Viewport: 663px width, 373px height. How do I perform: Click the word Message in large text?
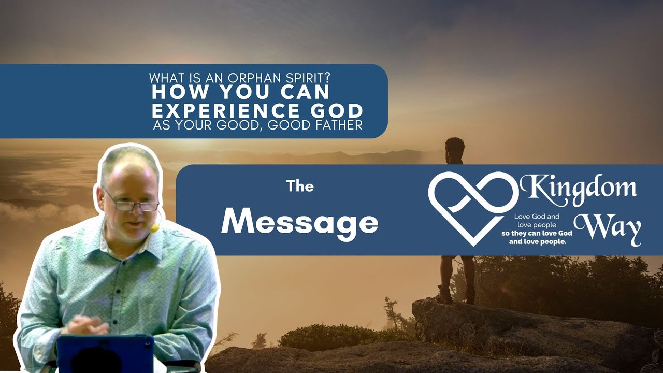(299, 224)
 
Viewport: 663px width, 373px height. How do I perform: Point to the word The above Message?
(300, 187)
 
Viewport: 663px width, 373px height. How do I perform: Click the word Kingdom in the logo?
(579, 190)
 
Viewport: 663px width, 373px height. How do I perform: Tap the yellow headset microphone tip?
(155, 227)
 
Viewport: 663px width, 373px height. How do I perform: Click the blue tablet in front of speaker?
(105, 353)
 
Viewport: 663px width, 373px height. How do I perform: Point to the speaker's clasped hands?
(86, 325)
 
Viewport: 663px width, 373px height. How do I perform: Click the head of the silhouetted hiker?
(455, 147)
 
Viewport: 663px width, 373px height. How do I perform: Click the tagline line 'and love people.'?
(538, 242)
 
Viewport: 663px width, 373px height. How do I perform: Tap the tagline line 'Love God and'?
(537, 217)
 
